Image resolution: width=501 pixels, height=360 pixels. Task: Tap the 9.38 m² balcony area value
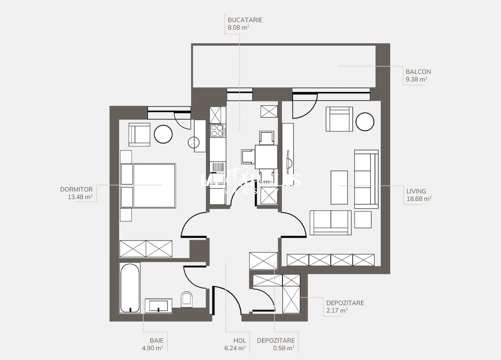[x=416, y=79]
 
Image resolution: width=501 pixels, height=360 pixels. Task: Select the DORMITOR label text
[x=76, y=189]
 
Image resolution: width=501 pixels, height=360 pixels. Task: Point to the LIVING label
[x=416, y=191]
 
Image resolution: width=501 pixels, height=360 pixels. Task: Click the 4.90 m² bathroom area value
[x=152, y=348]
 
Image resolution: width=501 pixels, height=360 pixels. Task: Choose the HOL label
[x=240, y=341]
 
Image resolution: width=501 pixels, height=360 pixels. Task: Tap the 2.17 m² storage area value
[x=337, y=311]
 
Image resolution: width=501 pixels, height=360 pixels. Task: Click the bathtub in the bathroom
[x=130, y=288]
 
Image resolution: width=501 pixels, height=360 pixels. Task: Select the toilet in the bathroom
[x=187, y=299]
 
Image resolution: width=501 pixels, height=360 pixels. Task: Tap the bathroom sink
[x=158, y=306]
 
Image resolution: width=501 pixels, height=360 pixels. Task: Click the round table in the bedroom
[x=163, y=134]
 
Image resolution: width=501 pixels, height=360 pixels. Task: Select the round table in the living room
[x=365, y=122]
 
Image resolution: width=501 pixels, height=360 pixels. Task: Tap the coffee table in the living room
[x=339, y=187]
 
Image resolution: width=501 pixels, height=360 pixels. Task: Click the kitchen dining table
[x=266, y=157]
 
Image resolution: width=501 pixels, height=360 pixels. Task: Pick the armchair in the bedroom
[x=139, y=135]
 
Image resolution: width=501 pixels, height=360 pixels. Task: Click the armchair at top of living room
[x=339, y=119]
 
